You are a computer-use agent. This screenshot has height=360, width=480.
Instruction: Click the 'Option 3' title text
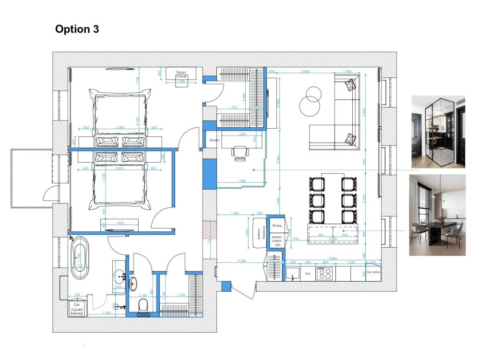pos(77,29)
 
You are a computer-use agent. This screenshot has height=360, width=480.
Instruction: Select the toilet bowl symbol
pos(142,304)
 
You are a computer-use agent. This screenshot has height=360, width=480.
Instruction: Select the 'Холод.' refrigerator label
pos(277,225)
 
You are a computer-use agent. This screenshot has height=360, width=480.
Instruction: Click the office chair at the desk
pos(238,151)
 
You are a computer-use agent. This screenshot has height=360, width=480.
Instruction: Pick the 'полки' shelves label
pos(214,140)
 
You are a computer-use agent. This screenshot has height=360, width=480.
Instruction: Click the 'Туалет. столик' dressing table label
pos(181,74)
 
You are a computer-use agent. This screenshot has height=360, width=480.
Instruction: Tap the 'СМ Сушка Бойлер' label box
pos(77,307)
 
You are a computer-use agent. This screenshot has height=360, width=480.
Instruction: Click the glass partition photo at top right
pos(438,132)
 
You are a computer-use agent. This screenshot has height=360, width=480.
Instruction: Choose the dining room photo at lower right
pos(437,215)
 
